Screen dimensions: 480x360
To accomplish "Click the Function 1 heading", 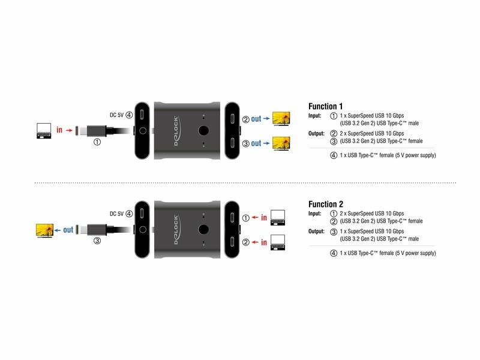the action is pos(325,106).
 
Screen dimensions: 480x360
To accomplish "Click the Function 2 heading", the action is pos(326,204).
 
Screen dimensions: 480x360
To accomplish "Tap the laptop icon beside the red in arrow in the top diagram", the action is pos(44,131).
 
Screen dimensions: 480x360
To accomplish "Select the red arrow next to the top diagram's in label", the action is pos(69,130).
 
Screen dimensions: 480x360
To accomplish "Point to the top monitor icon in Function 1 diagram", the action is pos(281,119).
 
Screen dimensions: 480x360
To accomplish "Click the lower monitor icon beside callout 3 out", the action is pos(281,143).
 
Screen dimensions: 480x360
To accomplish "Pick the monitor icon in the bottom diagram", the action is pos(44,230).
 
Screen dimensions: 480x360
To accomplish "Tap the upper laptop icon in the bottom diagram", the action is pos(278,218).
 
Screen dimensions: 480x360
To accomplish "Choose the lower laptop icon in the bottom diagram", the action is pos(278,242).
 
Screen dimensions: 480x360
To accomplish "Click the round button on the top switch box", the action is pos(203,131).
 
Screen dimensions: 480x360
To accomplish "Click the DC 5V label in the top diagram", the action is pos(116,115).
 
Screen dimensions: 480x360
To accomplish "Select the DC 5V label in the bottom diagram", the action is pos(116,214).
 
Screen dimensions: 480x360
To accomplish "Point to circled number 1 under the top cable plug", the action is pos(97,142).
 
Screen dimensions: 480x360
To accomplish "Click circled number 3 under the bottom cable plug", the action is pos(97,241).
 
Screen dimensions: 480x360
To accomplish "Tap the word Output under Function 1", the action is pos(316,133).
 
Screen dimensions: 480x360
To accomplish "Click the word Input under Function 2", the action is pos(314,214).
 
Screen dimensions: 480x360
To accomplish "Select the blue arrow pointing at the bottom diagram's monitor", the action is pos(58,230).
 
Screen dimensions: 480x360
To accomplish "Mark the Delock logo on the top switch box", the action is pos(176,131).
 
